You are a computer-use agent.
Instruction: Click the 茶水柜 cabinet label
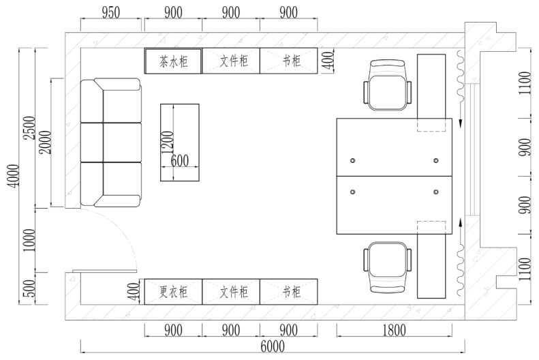pos(173,61)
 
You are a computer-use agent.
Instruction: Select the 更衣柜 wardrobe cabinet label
pos(173,292)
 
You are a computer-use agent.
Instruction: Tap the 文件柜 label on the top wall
pos(231,61)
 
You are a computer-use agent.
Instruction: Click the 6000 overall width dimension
pos(271,346)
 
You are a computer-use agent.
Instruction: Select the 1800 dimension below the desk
pos(393,331)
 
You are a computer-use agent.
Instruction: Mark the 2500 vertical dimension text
pos(29,128)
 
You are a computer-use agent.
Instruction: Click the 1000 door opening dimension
pos(29,240)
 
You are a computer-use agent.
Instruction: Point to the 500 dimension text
pos(29,288)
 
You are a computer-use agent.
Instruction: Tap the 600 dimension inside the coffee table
pos(180,161)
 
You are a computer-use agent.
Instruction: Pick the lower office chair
pos(387,267)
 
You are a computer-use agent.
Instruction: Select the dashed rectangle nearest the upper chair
pos(431,125)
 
